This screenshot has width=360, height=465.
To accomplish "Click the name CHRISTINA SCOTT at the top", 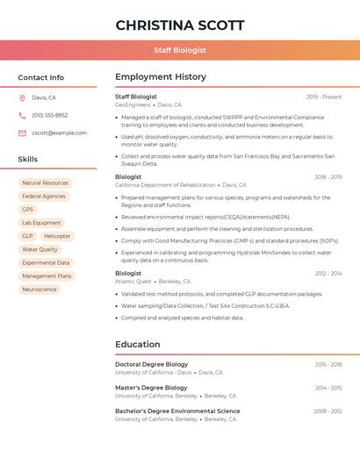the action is (x=180, y=25).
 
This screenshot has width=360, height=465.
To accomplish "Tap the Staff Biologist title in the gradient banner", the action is (x=180, y=50).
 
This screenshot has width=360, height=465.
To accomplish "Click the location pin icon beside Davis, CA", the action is (x=22, y=98).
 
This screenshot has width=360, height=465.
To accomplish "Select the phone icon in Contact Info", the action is (x=22, y=116).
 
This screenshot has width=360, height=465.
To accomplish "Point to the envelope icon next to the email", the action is (x=22, y=133).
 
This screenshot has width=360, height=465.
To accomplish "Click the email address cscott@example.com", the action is (x=59, y=133).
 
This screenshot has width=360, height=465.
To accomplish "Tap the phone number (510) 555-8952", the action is (x=49, y=116).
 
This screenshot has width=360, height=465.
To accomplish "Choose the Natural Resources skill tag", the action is (x=45, y=183).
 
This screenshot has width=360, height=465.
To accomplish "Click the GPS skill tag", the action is (x=27, y=210).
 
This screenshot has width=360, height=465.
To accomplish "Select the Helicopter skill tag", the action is (x=57, y=236).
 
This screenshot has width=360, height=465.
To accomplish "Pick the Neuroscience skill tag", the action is (x=40, y=290).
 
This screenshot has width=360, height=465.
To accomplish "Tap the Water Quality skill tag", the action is (x=40, y=249).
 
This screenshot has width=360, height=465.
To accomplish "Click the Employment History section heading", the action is (x=160, y=77).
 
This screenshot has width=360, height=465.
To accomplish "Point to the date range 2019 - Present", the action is (x=324, y=97).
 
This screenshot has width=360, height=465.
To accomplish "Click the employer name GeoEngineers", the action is (x=133, y=105).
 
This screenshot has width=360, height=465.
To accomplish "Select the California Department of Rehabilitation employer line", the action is (x=165, y=185).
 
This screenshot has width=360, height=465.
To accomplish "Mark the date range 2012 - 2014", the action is (x=328, y=274).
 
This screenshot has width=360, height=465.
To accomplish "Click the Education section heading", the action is (x=137, y=345).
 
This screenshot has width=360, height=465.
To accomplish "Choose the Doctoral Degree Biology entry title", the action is (x=151, y=364).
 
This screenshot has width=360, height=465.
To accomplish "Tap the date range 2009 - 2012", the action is (x=328, y=411).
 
